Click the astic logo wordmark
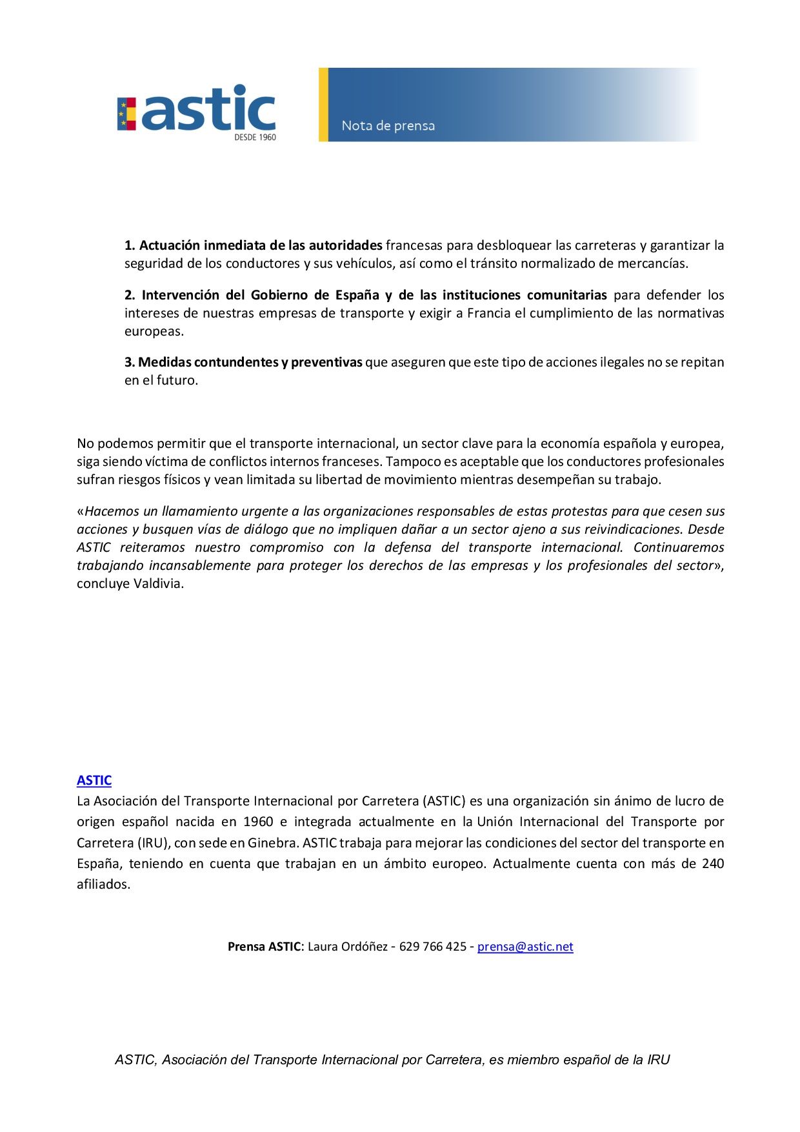(208, 108)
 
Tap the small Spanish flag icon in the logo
(126, 114)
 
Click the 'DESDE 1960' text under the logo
(255, 137)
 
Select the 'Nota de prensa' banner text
(388, 126)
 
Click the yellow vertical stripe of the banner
(323, 105)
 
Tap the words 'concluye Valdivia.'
(130, 583)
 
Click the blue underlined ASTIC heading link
(94, 780)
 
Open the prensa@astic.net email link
(525, 946)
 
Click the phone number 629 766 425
(432, 946)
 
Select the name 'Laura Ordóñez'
(348, 946)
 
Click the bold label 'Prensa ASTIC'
(264, 946)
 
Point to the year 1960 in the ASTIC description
(258, 822)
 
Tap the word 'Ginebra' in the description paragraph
(272, 843)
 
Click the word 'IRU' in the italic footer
(659, 1060)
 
